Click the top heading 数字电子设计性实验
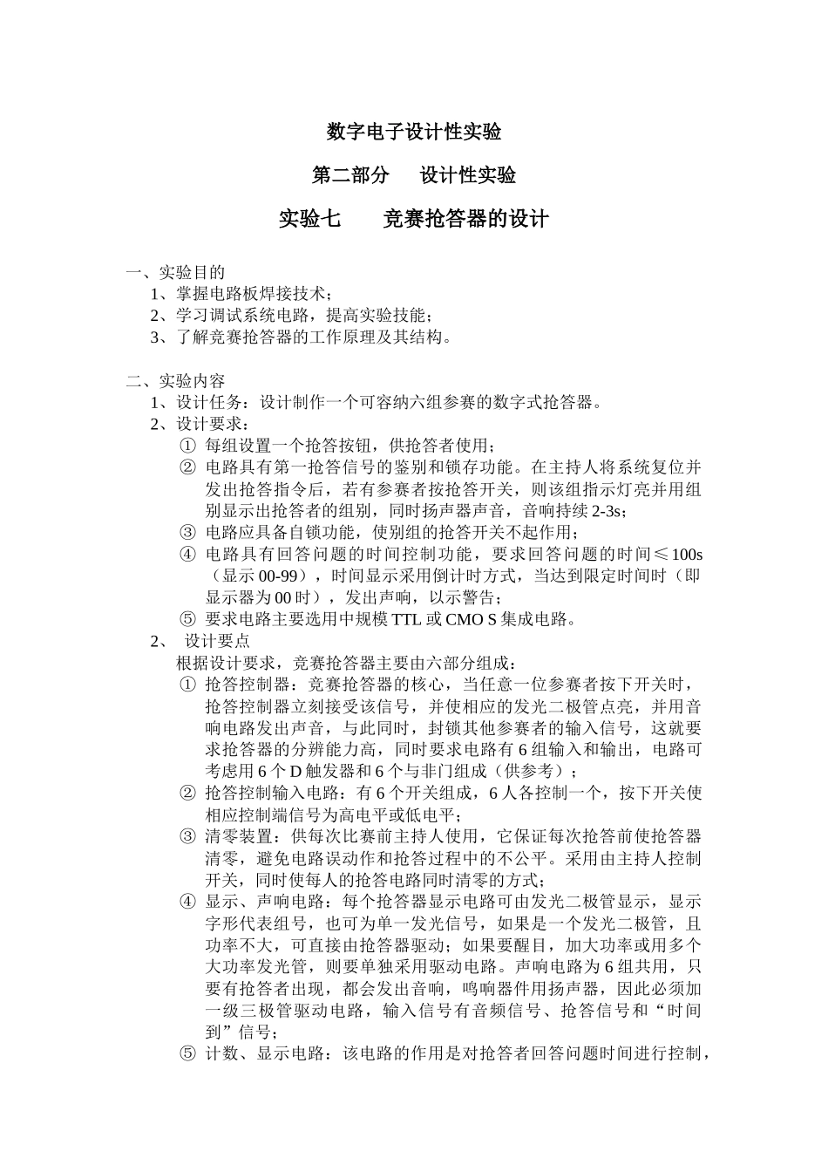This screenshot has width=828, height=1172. (x=413, y=132)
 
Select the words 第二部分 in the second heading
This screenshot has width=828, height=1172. (x=350, y=175)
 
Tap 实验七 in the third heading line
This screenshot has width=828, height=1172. (x=309, y=218)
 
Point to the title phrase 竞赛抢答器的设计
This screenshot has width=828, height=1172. (x=466, y=218)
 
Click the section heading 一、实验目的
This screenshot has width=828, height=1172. (x=175, y=272)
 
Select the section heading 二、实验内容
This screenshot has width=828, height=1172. (x=175, y=381)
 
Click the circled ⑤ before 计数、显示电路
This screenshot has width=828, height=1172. (x=187, y=1054)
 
